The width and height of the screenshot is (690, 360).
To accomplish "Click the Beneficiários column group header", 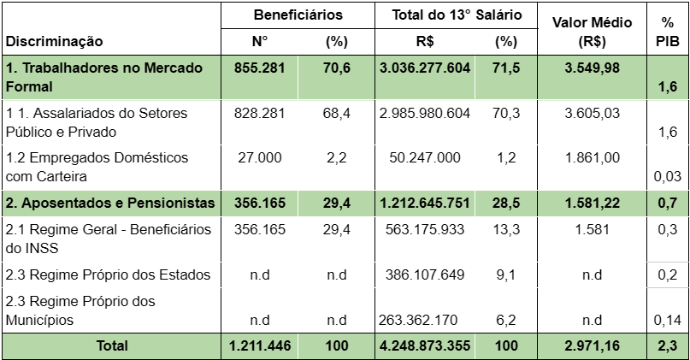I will coord(298,15).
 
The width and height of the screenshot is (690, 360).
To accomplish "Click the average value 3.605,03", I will coord(587,113).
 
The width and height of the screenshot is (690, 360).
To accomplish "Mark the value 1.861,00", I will coord(587,158).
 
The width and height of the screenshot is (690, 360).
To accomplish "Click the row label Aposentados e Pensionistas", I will coord(109,203).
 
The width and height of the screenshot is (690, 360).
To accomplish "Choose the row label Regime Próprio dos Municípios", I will coord(80,310).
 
